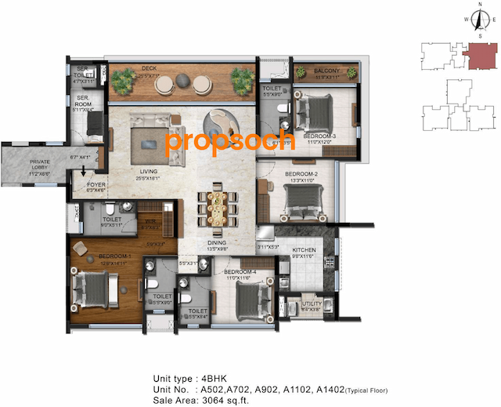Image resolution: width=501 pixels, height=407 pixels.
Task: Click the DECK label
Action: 149,69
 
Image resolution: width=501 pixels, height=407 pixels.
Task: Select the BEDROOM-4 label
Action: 236,272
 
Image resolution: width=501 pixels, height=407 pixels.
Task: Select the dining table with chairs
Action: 217,209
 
